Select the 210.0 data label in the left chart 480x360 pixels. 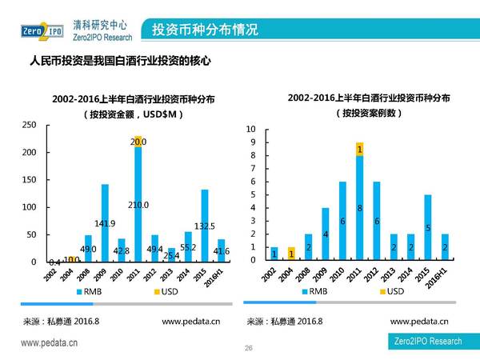(138, 205)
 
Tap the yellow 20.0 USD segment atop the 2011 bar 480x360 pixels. (138, 142)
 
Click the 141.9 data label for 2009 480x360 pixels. (105, 223)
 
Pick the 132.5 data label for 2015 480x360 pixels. (205, 226)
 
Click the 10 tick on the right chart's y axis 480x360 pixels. (250, 130)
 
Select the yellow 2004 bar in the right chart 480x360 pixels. (291, 254)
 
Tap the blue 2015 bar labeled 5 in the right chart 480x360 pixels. (428, 227)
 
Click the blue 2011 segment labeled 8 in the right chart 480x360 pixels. (360, 208)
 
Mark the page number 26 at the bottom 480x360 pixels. (248, 348)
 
